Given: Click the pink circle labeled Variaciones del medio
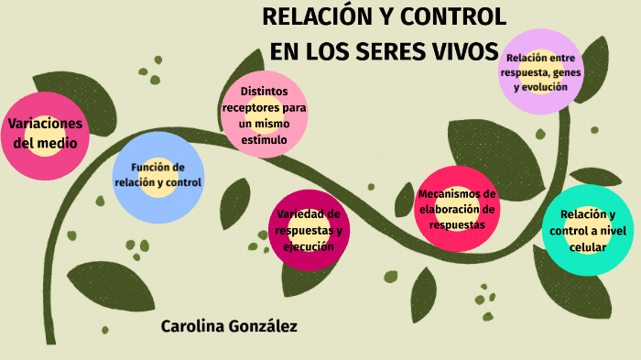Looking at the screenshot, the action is [45, 134].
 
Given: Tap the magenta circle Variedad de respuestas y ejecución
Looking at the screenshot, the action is [308, 229].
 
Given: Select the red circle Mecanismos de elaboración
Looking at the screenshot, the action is [457, 209].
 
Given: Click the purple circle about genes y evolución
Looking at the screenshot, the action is [541, 71].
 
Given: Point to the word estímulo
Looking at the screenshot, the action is [265, 139].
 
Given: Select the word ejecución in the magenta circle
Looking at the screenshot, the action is [308, 246].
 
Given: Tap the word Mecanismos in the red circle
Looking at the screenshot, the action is [457, 193].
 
